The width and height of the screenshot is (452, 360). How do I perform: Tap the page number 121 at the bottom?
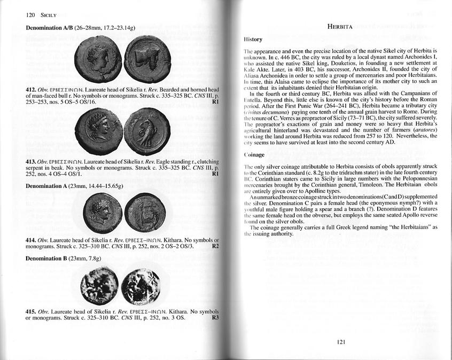(344, 342)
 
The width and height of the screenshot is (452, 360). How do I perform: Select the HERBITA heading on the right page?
(344, 26)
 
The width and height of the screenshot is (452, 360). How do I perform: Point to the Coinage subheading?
(254, 155)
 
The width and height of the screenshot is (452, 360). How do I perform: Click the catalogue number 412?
(31, 89)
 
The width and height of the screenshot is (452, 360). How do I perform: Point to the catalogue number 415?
(31, 311)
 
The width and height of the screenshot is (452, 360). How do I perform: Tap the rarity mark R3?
(215, 318)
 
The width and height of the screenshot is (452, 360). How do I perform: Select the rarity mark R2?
(215, 246)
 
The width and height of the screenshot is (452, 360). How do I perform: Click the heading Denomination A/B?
(49, 27)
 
